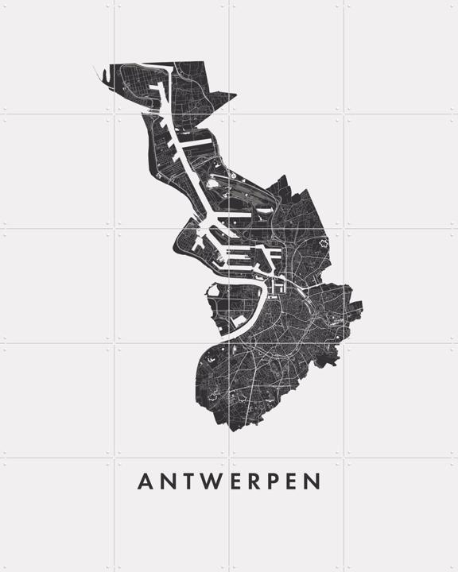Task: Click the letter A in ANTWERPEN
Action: (146, 482)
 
